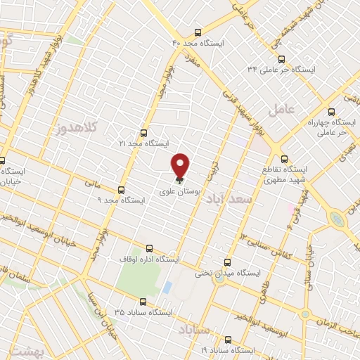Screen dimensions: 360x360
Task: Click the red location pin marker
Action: pyautogui.click(x=181, y=165)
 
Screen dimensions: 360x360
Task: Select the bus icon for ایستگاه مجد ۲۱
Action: pyautogui.click(x=144, y=132)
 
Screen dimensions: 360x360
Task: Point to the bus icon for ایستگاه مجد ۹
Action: pyautogui.click(x=122, y=190)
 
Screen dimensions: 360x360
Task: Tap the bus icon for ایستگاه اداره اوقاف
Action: pyautogui.click(x=148, y=248)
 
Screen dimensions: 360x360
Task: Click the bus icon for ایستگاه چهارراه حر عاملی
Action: pyautogui.click(x=332, y=111)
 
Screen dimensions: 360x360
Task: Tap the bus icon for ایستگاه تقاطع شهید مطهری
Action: pyautogui.click(x=284, y=159)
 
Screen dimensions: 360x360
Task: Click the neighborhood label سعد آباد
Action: pyautogui.click(x=228, y=200)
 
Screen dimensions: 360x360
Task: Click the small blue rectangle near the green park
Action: pyautogui.click(x=167, y=288)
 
